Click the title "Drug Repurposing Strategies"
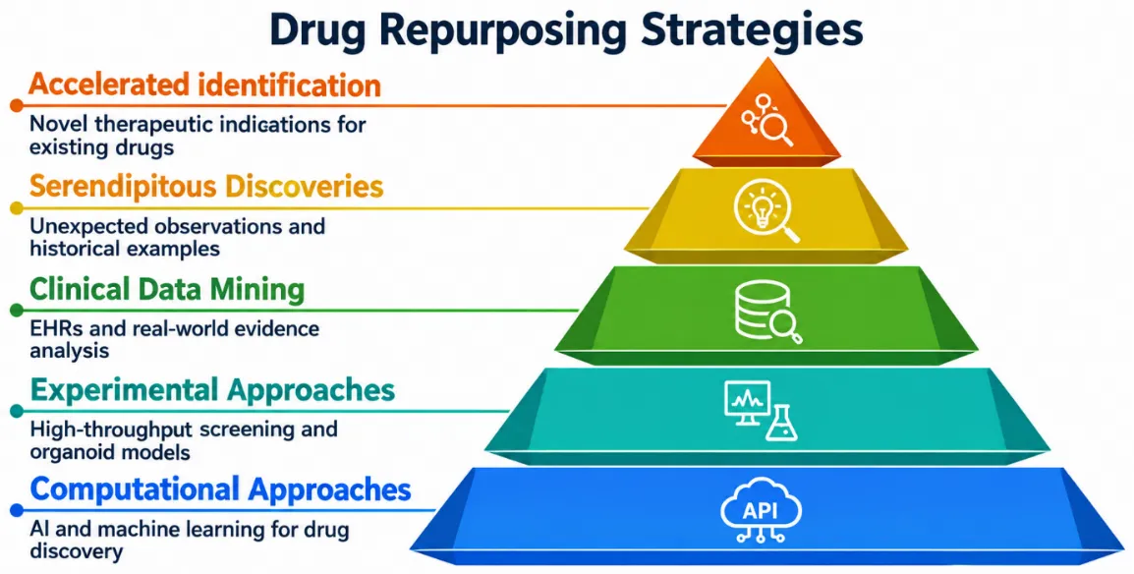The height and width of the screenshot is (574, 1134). [566, 30]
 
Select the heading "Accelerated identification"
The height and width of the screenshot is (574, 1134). [204, 86]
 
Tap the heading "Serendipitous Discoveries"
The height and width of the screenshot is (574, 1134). [206, 187]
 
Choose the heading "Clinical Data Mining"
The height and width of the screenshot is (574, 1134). [167, 289]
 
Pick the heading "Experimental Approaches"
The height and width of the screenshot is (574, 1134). [212, 391]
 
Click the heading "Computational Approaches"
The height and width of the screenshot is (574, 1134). [220, 489]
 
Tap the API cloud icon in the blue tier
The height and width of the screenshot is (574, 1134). [761, 514]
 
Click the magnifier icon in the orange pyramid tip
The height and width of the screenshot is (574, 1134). [777, 130]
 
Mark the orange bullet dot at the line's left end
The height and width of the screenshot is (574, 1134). [16, 106]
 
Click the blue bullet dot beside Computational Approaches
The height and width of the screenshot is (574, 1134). [16, 511]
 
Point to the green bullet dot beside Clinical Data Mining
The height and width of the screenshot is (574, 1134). [16, 311]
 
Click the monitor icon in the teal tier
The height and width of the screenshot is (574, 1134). [747, 402]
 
